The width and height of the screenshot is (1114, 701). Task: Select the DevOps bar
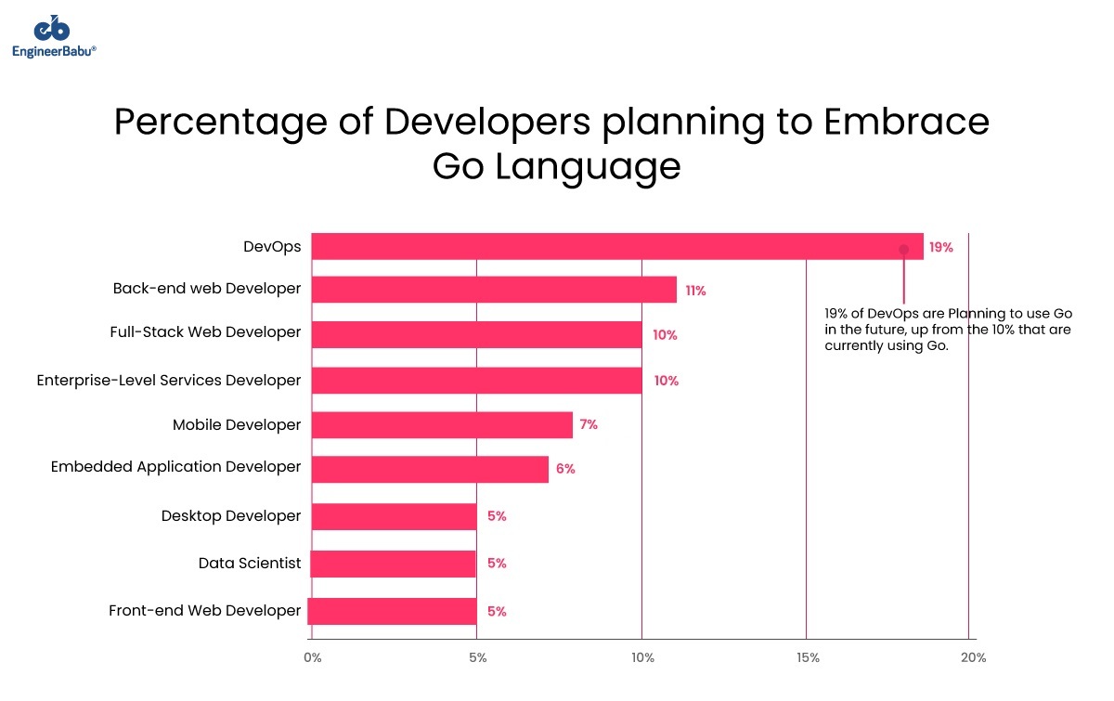pyautogui.click(x=616, y=246)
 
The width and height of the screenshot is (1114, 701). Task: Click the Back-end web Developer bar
pyautogui.click(x=494, y=290)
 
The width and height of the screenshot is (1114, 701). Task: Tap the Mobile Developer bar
pyautogui.click(x=442, y=425)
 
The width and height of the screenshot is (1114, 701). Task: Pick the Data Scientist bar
pyautogui.click(x=394, y=564)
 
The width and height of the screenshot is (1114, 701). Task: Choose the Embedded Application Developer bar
pyautogui.click(x=430, y=469)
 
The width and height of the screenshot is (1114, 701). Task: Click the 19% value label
pyautogui.click(x=940, y=248)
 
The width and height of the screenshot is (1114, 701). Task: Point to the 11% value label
pyautogui.click(x=695, y=291)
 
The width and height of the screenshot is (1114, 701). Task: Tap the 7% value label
pyautogui.click(x=589, y=424)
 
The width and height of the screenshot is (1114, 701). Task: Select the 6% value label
pyautogui.click(x=565, y=469)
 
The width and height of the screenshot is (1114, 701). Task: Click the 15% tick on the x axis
pyautogui.click(x=808, y=658)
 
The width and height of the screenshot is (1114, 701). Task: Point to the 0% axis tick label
pyautogui.click(x=313, y=658)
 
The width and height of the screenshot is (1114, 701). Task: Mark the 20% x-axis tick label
pyautogui.click(x=973, y=658)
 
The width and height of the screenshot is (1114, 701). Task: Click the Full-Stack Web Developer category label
pyautogui.click(x=205, y=332)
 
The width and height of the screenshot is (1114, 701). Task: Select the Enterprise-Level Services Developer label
pyautogui.click(x=169, y=381)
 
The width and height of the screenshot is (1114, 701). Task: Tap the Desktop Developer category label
pyautogui.click(x=231, y=515)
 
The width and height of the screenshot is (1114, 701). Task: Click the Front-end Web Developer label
pyautogui.click(x=205, y=611)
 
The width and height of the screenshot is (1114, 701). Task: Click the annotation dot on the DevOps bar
pyautogui.click(x=903, y=249)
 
